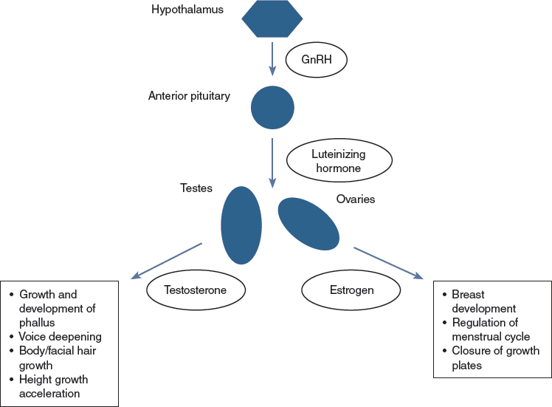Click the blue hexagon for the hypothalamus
(272, 19)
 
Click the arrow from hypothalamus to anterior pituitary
(272, 59)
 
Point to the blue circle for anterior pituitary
(272, 108)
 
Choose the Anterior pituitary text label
(189, 95)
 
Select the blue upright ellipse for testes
(241, 225)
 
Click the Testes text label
(196, 188)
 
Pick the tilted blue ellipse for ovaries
(308, 223)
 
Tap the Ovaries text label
(356, 199)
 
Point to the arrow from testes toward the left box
(166, 260)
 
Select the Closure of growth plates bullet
(489, 358)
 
